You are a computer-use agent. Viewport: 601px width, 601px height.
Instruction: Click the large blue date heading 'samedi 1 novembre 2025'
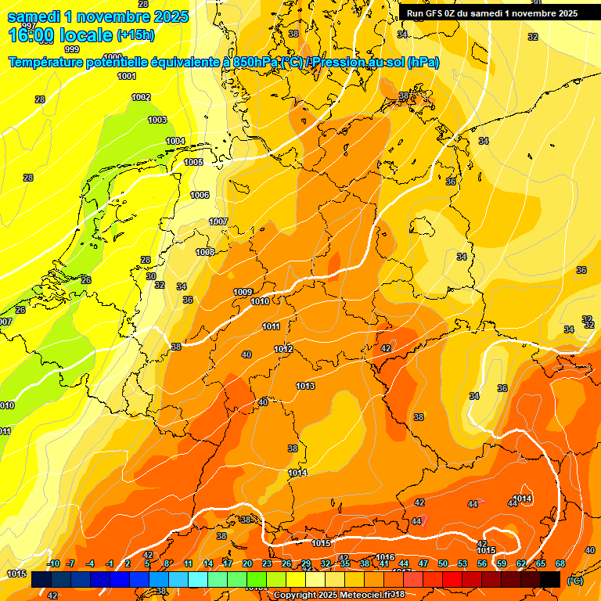(90, 16)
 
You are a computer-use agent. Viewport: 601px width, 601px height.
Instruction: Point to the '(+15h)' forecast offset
(135, 34)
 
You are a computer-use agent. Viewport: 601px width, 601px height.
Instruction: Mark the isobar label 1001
(126, 76)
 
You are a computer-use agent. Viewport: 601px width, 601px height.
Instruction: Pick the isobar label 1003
(157, 120)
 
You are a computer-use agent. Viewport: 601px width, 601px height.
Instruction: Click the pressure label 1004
(175, 141)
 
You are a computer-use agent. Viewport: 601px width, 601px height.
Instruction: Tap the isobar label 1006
(200, 195)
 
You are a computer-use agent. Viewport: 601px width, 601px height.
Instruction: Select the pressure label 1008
(205, 252)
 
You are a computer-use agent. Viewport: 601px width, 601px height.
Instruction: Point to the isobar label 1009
(243, 292)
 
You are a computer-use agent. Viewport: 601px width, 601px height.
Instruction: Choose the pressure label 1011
(271, 326)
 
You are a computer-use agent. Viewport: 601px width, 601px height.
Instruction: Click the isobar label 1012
(283, 349)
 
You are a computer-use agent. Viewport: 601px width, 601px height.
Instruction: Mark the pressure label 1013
(305, 386)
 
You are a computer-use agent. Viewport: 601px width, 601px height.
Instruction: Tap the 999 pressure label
(72, 49)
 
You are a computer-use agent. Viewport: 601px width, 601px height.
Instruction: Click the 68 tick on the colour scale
(560, 563)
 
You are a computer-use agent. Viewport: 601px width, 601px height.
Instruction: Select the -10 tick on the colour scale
(53, 563)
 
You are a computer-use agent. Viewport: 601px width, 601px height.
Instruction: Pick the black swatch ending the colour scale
(550, 579)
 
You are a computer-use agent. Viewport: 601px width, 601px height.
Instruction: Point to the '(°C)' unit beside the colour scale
(575, 581)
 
